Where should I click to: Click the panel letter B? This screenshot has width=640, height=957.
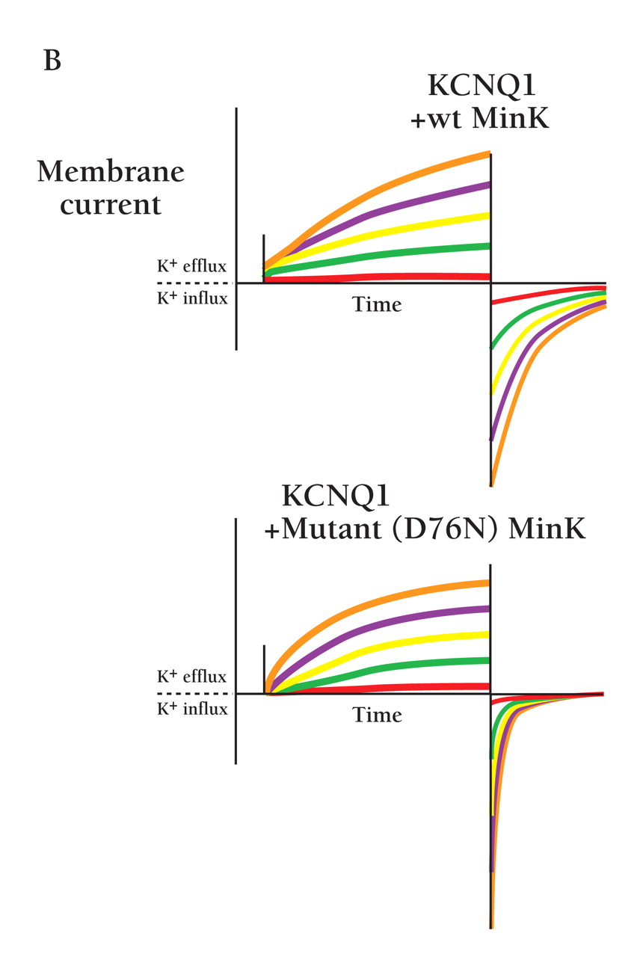(52, 61)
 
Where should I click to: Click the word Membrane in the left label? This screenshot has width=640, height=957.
(111, 173)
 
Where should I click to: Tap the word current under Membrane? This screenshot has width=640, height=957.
(111, 204)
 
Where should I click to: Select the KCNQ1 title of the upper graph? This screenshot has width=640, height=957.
(481, 87)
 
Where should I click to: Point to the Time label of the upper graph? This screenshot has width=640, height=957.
(377, 305)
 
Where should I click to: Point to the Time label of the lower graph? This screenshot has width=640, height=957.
(377, 716)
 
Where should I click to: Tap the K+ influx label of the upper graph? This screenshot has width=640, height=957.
(191, 298)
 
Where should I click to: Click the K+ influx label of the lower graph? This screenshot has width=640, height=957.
(192, 709)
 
